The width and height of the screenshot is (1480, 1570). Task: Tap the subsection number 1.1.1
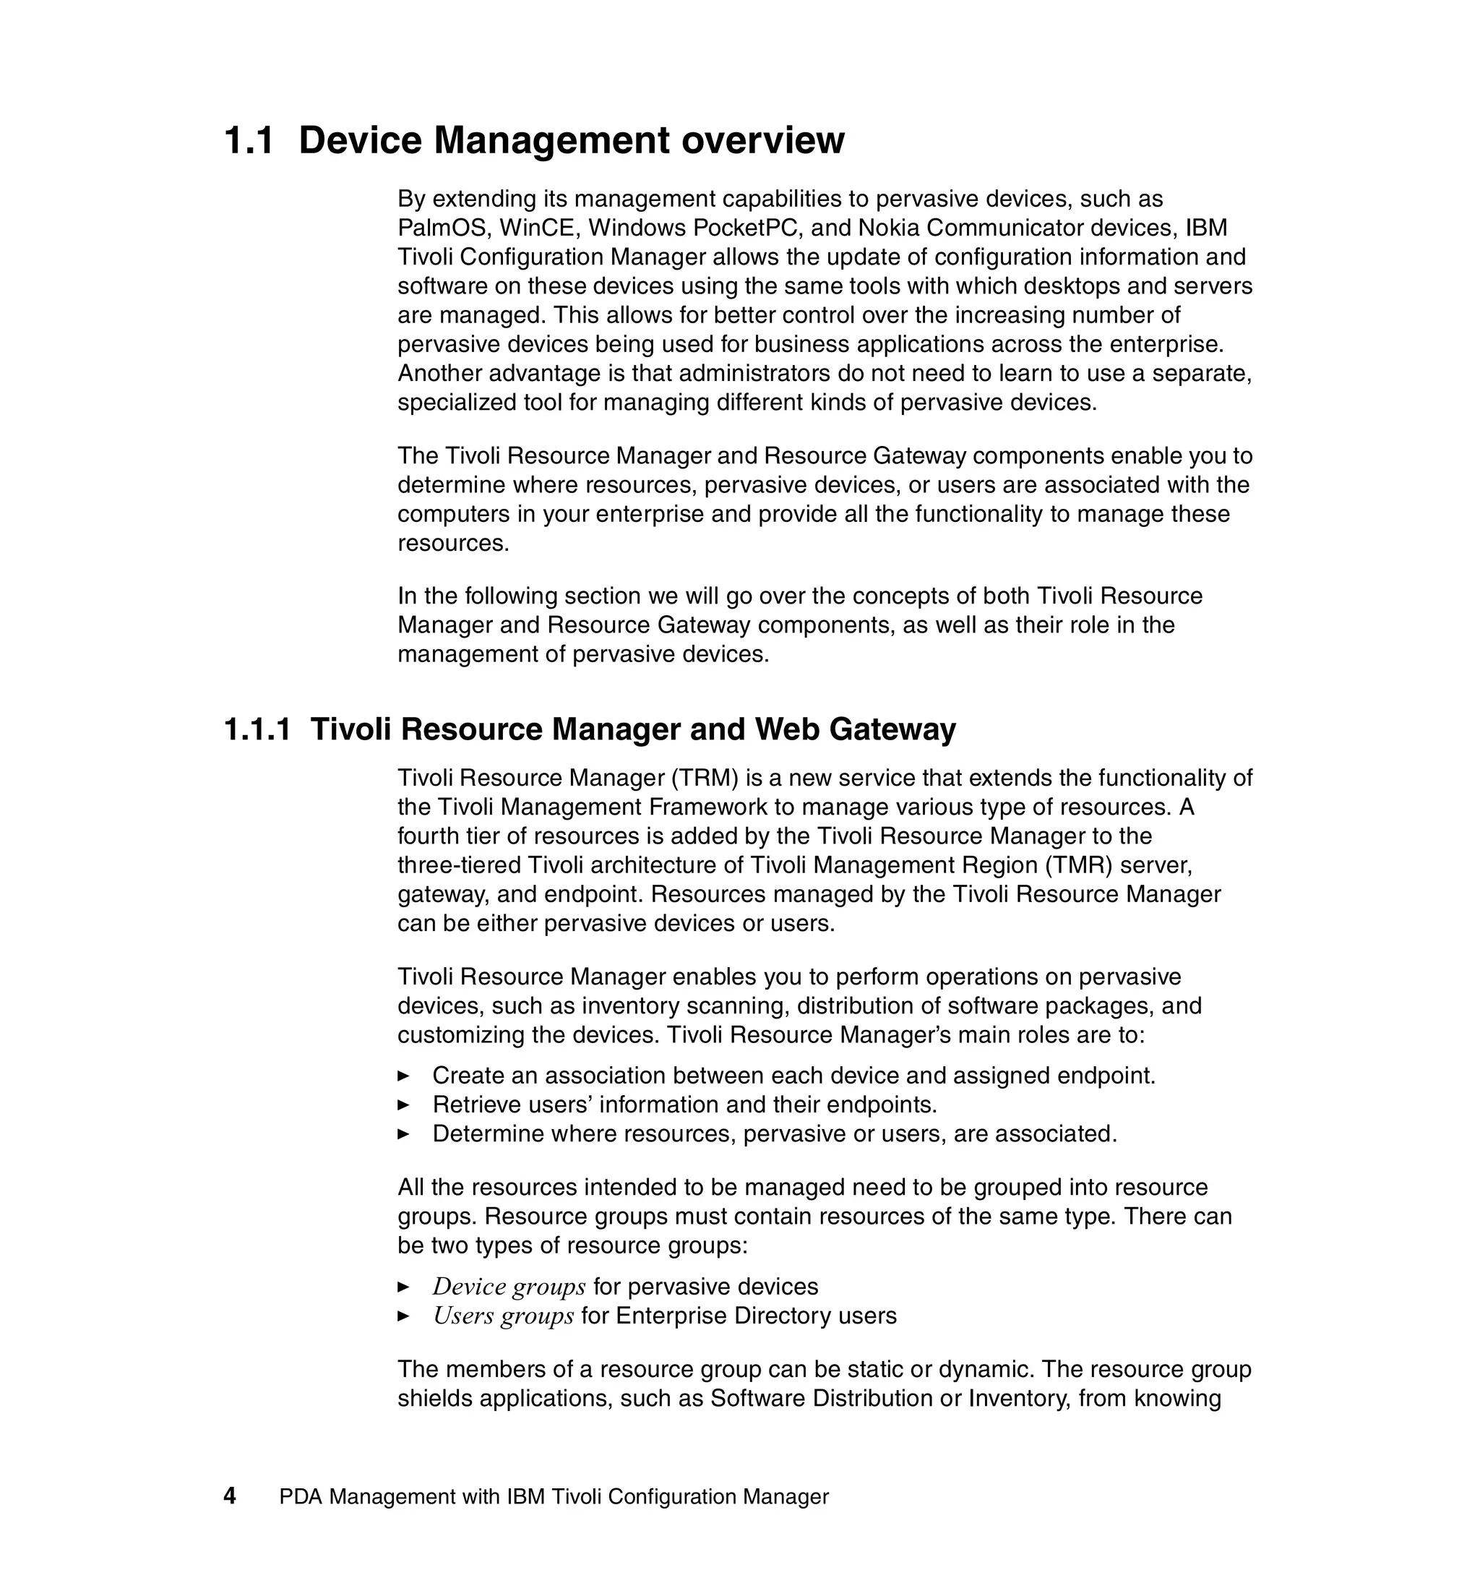click(257, 729)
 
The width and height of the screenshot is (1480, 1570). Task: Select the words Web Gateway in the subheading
click(855, 729)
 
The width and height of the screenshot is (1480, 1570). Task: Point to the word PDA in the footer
click(301, 1496)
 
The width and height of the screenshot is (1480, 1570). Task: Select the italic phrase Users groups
click(503, 1316)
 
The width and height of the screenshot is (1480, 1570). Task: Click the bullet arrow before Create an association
click(403, 1076)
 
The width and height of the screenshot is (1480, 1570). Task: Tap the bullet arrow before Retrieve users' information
click(403, 1104)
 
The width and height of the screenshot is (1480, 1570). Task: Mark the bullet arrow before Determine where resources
click(403, 1134)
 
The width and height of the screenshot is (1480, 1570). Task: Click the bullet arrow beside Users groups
click(403, 1316)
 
